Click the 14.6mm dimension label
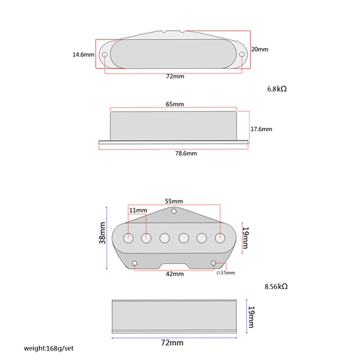click(x=83, y=55)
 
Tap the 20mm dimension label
click(x=260, y=49)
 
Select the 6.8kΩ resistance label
click(x=277, y=89)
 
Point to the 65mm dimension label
click(x=175, y=104)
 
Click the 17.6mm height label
click(x=261, y=129)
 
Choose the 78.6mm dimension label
click(x=185, y=153)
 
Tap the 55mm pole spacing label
click(x=174, y=201)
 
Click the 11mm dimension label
click(x=138, y=210)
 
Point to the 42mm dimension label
click(x=175, y=274)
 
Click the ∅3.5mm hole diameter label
click(x=226, y=273)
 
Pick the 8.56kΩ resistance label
click(x=276, y=286)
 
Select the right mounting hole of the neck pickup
click(x=243, y=55)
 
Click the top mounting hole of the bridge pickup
click(x=174, y=211)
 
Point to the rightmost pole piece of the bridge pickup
click(x=220, y=237)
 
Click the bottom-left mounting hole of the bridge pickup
click(x=135, y=263)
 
